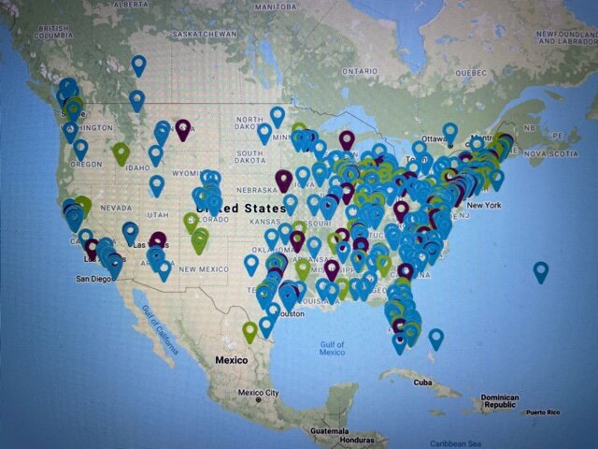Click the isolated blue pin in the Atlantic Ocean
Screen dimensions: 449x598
540,271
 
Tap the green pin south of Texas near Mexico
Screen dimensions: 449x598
249,330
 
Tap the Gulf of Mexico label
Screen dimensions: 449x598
332,348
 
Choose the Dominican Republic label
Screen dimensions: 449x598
499,401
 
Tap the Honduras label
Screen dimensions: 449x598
357,439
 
